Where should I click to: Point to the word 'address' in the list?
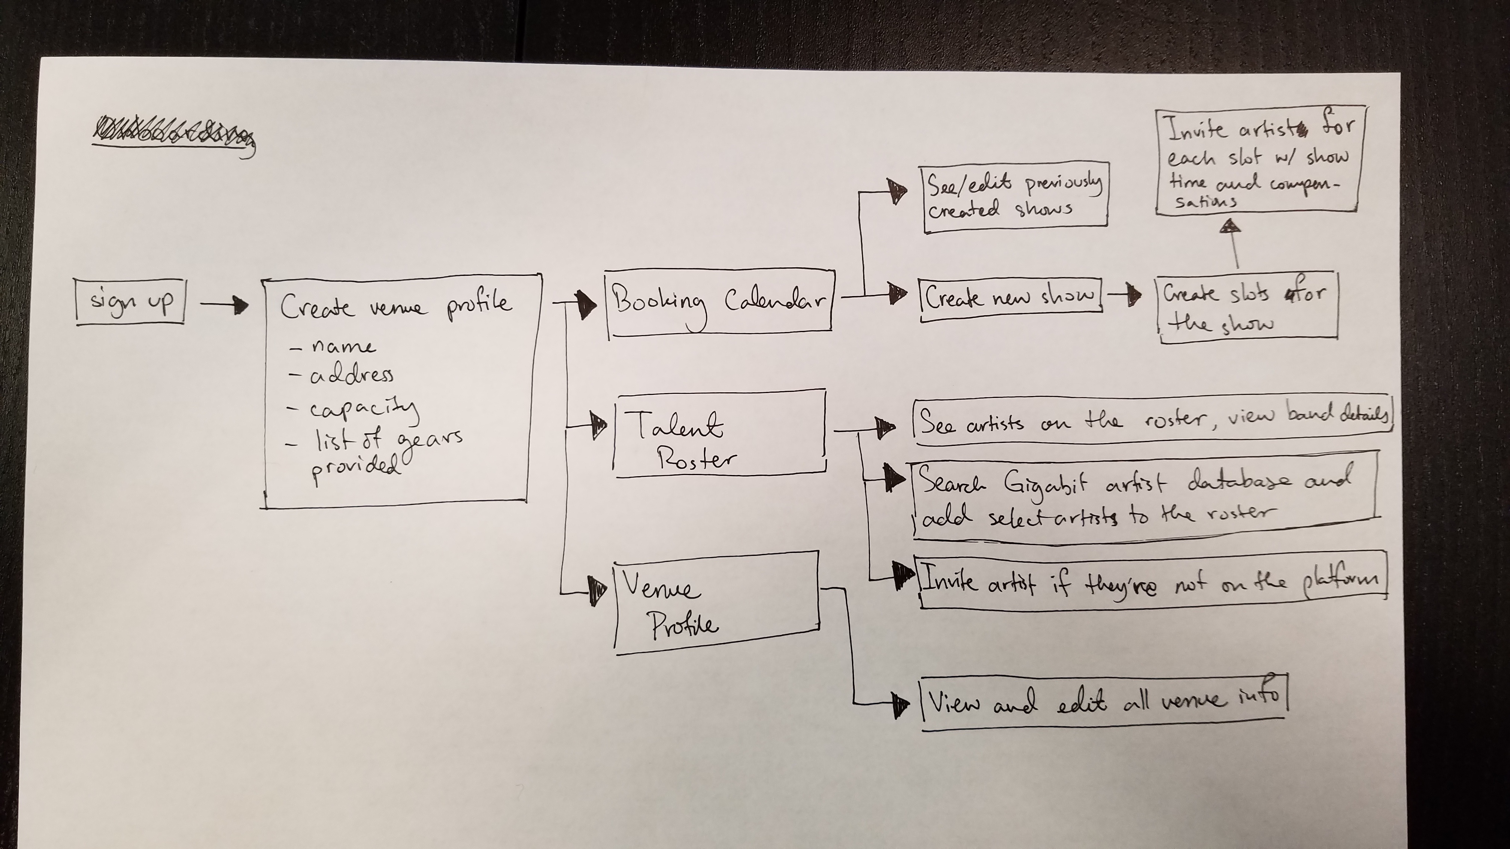tap(352, 375)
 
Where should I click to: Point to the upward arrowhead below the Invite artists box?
tap(1230, 226)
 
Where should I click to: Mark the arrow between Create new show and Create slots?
tap(1124, 295)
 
